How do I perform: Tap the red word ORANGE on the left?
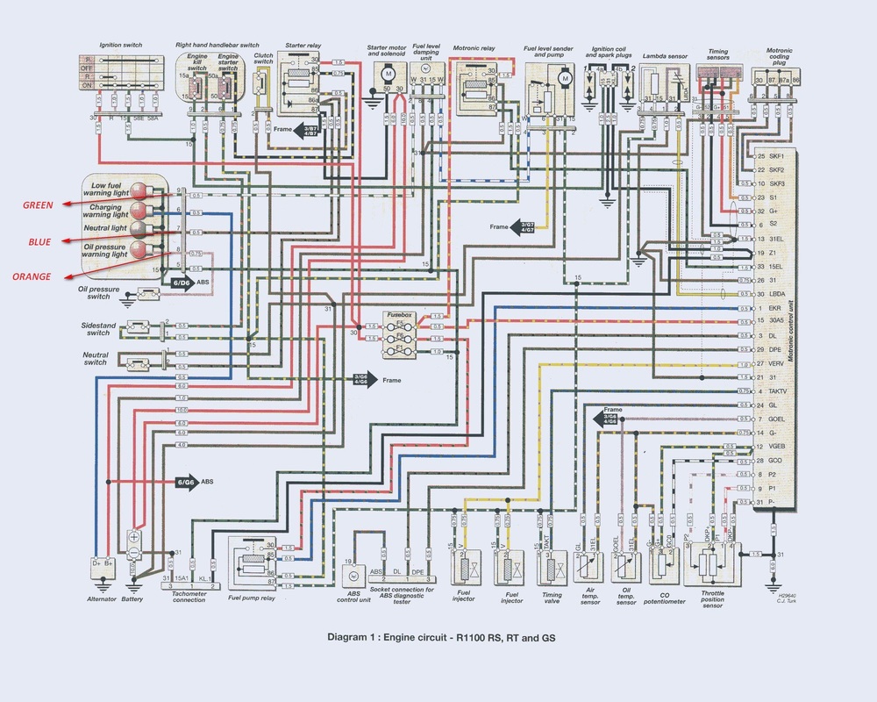coord(37,276)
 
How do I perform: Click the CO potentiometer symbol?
coord(660,566)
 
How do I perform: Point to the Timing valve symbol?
coord(551,568)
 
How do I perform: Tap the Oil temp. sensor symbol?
coord(624,569)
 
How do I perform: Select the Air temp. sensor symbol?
coord(588,569)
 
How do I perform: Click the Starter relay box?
coord(301,85)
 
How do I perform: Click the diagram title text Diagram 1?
coord(438,637)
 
